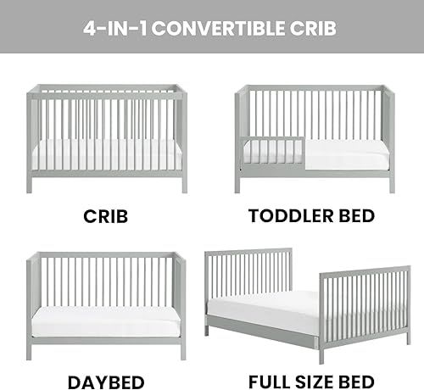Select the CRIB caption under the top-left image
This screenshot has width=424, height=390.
point(105,215)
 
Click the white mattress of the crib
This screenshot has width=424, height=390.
point(106,153)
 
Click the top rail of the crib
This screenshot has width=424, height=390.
point(106,87)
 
